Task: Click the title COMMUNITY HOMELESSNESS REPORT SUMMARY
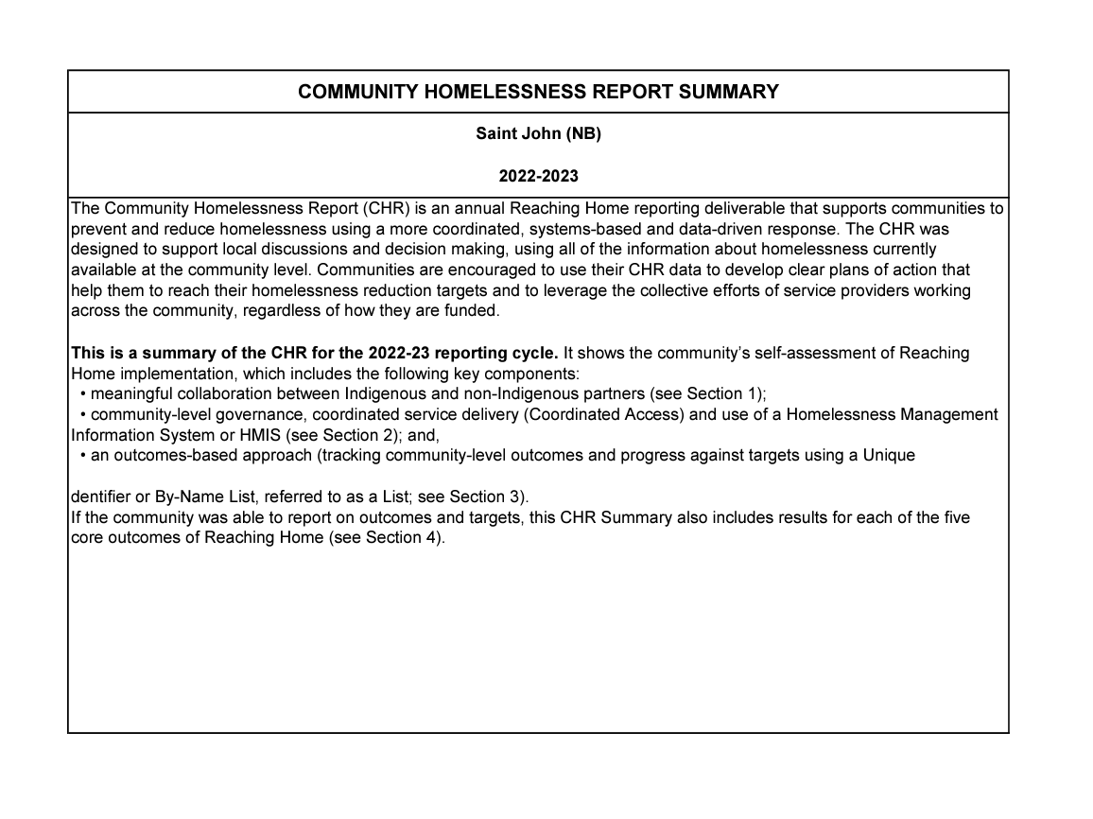(538, 92)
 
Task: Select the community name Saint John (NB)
(538, 133)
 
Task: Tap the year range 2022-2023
(538, 176)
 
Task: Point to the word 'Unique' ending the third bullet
(889, 455)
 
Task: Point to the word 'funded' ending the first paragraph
(471, 311)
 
